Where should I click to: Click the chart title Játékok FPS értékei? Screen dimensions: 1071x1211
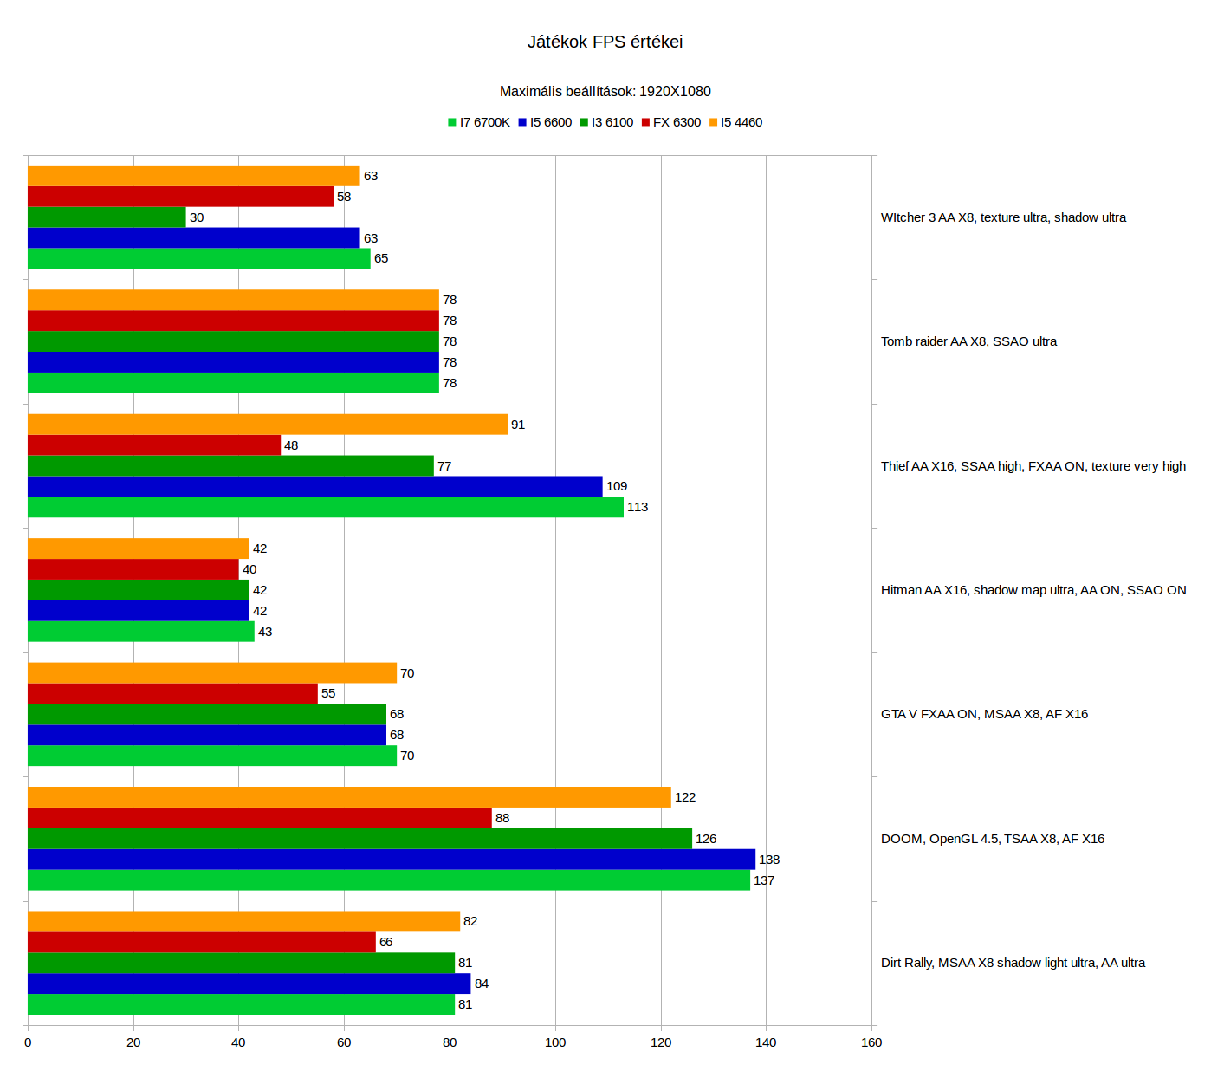pos(605,42)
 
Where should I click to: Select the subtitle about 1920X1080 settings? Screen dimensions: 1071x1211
pos(605,91)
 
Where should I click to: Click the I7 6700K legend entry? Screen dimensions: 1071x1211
pos(478,122)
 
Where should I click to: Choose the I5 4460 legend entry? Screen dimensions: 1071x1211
pos(735,122)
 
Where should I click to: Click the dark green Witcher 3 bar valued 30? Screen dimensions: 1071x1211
pos(107,217)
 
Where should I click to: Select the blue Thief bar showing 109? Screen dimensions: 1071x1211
pos(314,486)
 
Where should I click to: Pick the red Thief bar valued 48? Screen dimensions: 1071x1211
pos(154,445)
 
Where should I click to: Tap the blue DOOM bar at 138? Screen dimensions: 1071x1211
pos(391,860)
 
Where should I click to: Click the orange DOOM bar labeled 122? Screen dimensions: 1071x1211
pos(349,797)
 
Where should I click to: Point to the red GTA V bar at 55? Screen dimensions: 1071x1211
pos(172,693)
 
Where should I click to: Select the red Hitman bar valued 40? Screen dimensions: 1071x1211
pos(133,569)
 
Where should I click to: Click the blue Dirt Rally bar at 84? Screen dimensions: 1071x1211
pos(249,983)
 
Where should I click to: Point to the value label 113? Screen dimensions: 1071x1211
pos(638,507)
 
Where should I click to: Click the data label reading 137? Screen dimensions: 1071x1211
pos(764,880)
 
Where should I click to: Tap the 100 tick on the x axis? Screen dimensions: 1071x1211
pos(555,1042)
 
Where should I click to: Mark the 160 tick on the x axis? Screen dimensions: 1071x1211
pos(871,1042)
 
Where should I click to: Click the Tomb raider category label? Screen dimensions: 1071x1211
pos(968,341)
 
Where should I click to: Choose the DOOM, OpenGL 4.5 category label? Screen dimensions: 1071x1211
pos(993,839)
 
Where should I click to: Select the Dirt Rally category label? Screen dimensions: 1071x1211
pos(1013,963)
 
